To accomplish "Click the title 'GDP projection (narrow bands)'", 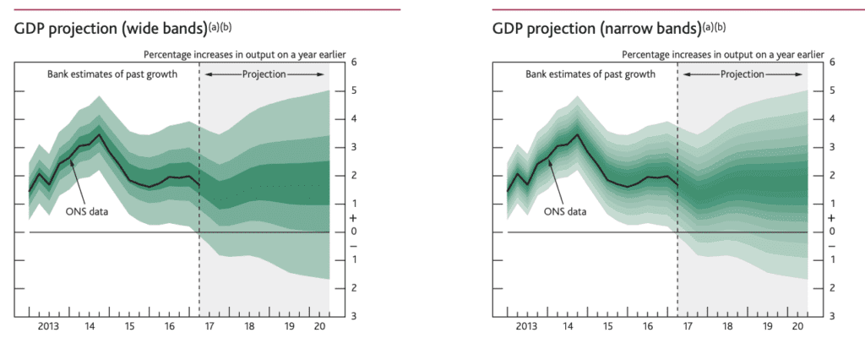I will (596, 29).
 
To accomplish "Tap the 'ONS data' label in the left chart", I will (88, 211).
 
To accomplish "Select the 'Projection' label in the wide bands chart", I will (264, 74).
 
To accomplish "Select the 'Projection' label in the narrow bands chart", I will (743, 74).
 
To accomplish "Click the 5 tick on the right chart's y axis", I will (833, 90).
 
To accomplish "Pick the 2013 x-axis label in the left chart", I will (48, 325).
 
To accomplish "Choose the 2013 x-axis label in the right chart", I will (526, 325).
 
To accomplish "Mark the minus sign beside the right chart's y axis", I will (833, 246).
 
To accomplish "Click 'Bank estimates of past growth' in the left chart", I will (111, 74).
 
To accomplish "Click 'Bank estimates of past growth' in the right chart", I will (590, 74).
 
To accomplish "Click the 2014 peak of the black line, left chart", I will (100, 134).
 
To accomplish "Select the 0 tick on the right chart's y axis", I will (833, 232).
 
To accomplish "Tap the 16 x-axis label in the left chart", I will (169, 325).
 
